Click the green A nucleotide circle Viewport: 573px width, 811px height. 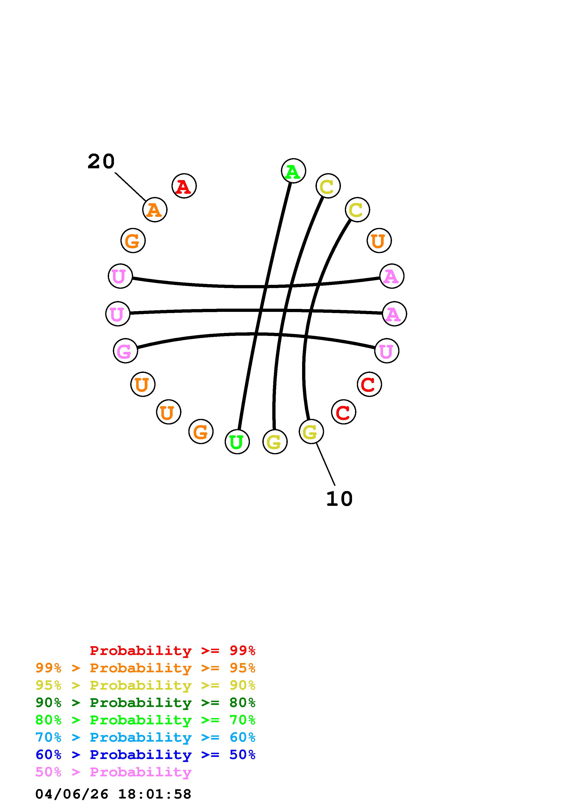(x=293, y=171)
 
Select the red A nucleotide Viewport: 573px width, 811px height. (x=184, y=186)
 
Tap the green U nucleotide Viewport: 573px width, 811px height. (x=237, y=442)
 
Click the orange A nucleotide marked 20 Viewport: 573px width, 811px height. (x=155, y=210)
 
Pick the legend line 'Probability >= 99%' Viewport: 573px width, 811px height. (x=173, y=650)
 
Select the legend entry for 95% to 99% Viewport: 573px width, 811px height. (x=145, y=668)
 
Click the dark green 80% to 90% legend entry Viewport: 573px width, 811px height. (x=145, y=703)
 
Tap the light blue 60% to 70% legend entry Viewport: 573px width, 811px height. (x=145, y=737)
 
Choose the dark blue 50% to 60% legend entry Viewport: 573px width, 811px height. (x=145, y=755)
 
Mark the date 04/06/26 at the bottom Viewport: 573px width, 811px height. (x=72, y=794)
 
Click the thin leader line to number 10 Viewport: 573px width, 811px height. (x=325, y=464)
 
